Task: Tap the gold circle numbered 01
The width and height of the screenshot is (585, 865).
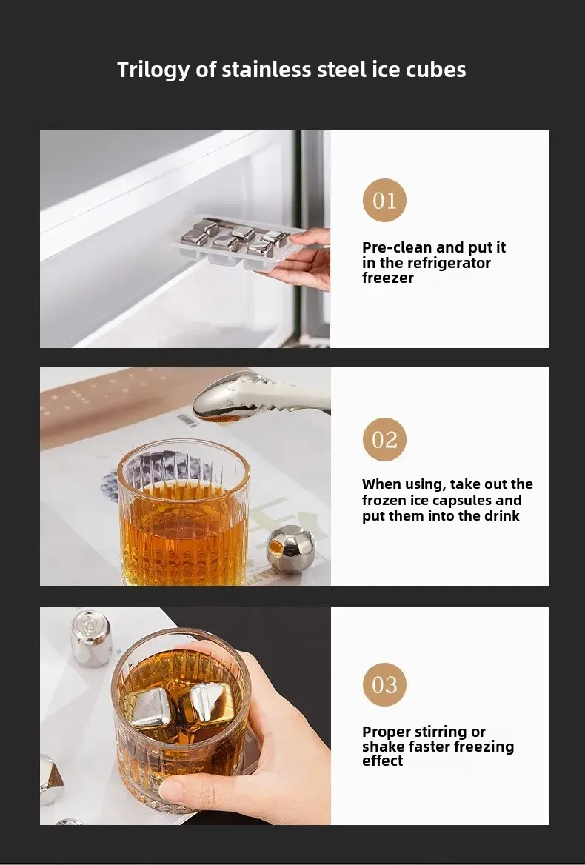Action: [x=384, y=200]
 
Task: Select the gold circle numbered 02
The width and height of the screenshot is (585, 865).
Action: [x=384, y=440]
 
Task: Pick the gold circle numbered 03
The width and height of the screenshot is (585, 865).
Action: [x=384, y=684]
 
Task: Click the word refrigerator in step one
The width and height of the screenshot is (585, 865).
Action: [x=449, y=263]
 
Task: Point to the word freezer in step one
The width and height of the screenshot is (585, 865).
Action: [x=387, y=278]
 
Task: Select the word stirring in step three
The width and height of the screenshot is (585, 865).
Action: [x=441, y=732]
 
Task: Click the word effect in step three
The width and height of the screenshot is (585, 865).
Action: [x=382, y=761]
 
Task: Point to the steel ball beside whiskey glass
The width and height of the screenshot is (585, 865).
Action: [x=290, y=549]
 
